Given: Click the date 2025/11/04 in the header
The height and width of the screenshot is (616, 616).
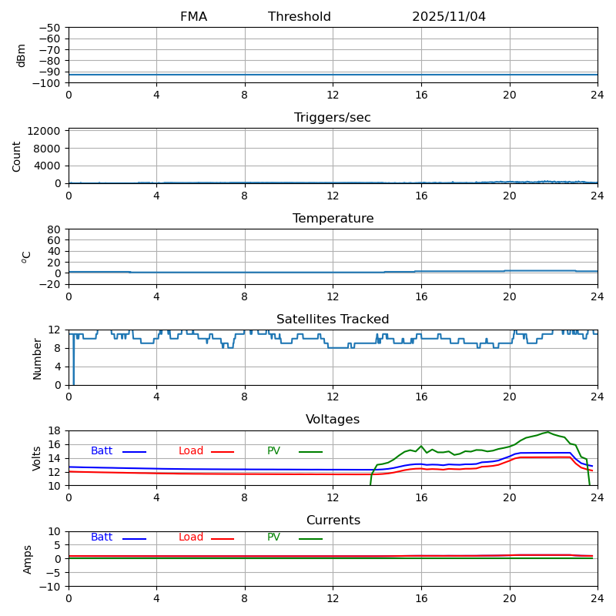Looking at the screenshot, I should pyautogui.click(x=449, y=17).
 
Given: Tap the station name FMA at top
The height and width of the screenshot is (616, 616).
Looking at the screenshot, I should pyautogui.click(x=193, y=17).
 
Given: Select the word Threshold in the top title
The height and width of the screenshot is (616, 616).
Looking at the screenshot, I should pyautogui.click(x=300, y=17).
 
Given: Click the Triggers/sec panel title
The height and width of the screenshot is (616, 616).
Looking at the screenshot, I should pyautogui.click(x=333, y=118).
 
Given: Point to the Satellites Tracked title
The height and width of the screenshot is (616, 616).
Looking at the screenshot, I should pyautogui.click(x=333, y=320).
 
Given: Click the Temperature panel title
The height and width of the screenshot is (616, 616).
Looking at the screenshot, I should pyautogui.click(x=333, y=219).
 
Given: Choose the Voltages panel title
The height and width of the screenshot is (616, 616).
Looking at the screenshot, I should pyautogui.click(x=333, y=420).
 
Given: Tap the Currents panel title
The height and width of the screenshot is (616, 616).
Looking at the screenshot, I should pyautogui.click(x=333, y=521).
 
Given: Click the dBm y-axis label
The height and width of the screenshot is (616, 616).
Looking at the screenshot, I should pyautogui.click(x=22, y=55).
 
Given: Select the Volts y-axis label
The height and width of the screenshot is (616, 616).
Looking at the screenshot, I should pyautogui.click(x=37, y=458).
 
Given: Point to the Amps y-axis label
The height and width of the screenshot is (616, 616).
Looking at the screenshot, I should pyautogui.click(x=28, y=559).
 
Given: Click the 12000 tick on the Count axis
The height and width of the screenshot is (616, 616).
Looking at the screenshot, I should pyautogui.click(x=45, y=131).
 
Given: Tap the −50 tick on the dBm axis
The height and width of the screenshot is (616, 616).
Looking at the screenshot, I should pyautogui.click(x=50, y=28).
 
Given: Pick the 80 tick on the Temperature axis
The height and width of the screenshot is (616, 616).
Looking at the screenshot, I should pyautogui.click(x=55, y=229).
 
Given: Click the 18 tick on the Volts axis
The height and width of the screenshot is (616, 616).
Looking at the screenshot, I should pyautogui.click(x=55, y=431).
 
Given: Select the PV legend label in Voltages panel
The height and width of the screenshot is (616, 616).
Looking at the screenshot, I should pyautogui.click(x=274, y=451).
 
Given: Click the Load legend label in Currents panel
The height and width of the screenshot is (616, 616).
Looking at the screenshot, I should pyautogui.click(x=191, y=537).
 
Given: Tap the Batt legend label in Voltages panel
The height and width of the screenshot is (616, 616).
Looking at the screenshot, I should pyautogui.click(x=102, y=451).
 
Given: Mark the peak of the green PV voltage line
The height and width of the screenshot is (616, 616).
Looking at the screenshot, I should pyautogui.click(x=547, y=432).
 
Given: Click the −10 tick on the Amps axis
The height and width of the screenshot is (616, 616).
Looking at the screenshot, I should pyautogui.click(x=50, y=587).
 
